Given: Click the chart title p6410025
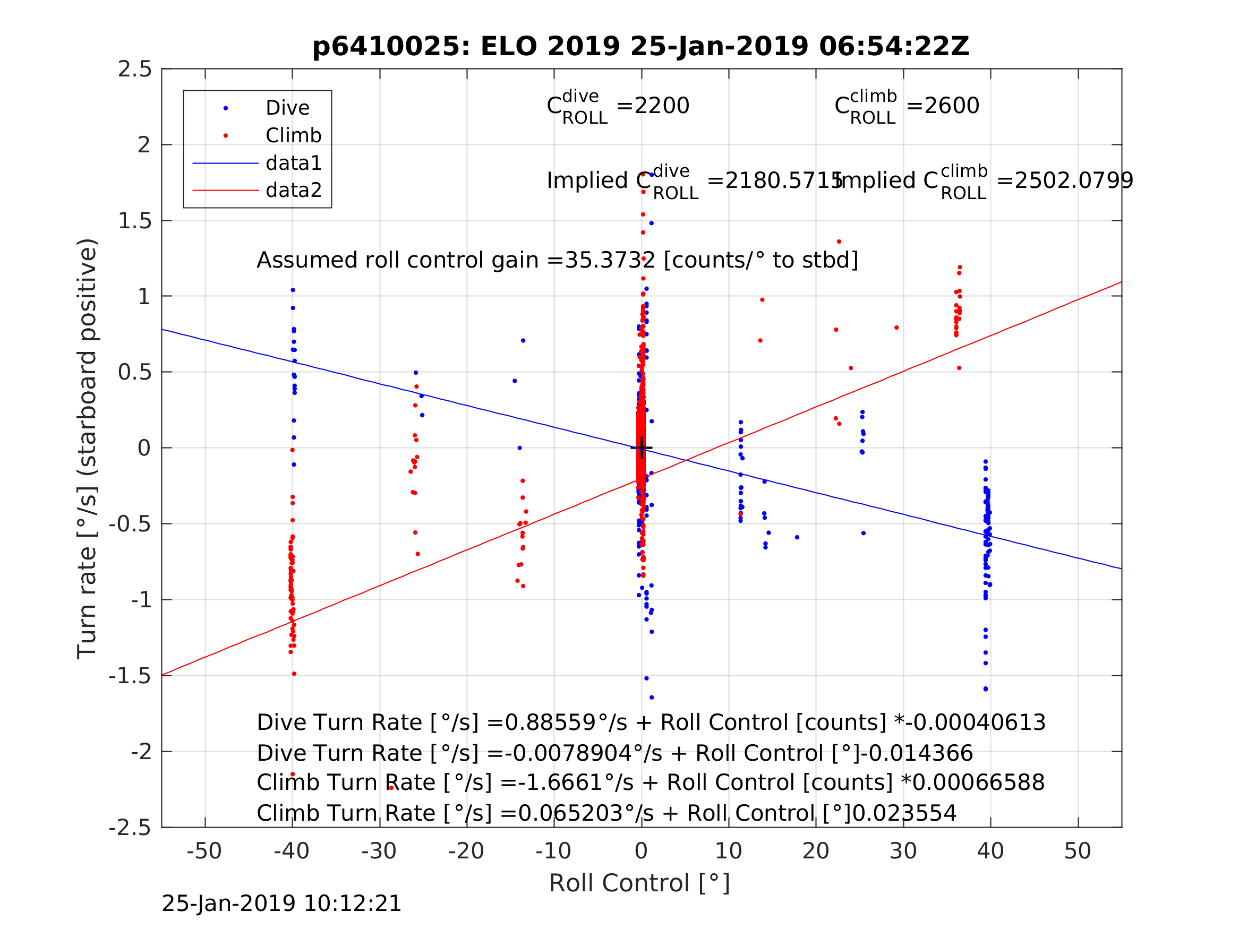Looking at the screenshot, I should tap(640, 47).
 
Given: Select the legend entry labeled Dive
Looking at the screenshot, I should tap(287, 108).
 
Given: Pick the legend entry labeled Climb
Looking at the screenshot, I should tap(293, 135).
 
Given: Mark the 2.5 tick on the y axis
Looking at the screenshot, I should tap(135, 70).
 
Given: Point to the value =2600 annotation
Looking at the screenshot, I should tap(943, 106).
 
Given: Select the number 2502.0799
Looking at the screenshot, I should tap(1073, 181).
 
